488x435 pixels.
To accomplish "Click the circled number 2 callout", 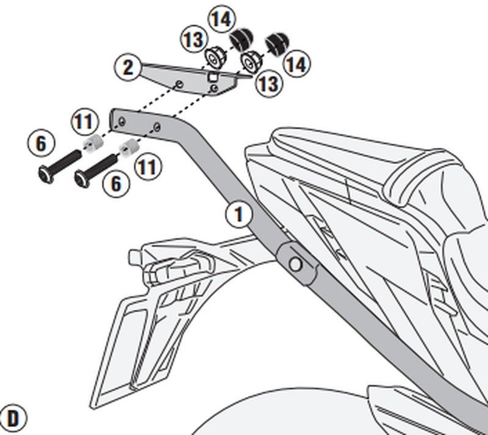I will pyautogui.click(x=127, y=67).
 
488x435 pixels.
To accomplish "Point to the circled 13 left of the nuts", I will pyautogui.click(x=193, y=41).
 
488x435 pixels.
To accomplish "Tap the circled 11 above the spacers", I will pyautogui.click(x=85, y=120).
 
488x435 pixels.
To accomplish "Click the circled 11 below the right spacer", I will pyautogui.click(x=146, y=167).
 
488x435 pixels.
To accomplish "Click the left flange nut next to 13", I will pyautogui.click(x=213, y=59).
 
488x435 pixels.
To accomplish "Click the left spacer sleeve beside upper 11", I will pyautogui.click(x=91, y=144).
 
